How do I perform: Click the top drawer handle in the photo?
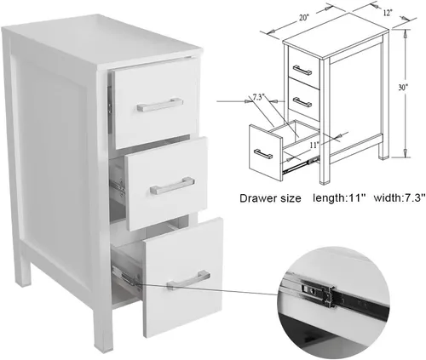[x=160, y=105]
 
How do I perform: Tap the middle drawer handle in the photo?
[x=172, y=186]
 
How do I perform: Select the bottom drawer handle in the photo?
[x=189, y=280]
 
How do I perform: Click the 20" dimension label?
[x=303, y=18]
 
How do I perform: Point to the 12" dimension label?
[x=388, y=13]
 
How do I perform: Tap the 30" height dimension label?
[x=403, y=88]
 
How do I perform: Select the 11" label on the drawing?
[x=314, y=145]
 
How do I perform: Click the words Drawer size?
[x=270, y=198]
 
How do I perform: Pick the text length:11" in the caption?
[x=338, y=197]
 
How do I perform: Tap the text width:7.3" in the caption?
[x=400, y=197]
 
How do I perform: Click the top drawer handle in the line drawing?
[x=302, y=70]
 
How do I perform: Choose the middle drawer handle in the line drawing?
[x=302, y=102]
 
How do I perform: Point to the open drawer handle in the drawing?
[x=263, y=153]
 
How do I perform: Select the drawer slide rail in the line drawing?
[x=302, y=164]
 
